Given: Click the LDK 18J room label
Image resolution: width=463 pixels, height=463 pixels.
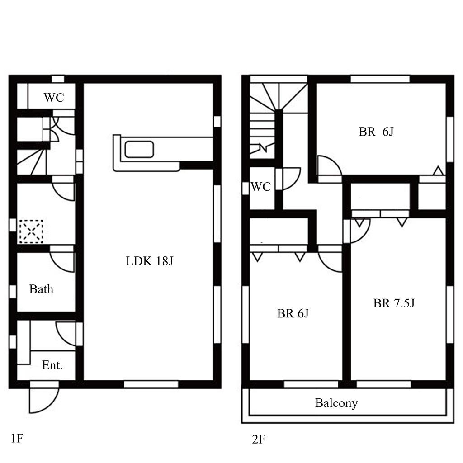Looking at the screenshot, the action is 149,261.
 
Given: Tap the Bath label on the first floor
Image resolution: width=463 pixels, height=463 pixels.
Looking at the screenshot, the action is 41,289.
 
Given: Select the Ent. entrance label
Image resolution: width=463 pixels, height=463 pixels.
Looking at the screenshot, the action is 52,365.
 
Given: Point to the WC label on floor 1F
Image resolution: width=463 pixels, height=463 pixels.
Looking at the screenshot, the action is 54,97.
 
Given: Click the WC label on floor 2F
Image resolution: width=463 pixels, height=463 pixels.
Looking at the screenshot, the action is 261,187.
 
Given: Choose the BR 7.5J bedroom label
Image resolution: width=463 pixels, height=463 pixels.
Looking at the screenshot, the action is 394,303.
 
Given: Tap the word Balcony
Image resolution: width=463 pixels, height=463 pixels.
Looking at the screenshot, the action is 336,403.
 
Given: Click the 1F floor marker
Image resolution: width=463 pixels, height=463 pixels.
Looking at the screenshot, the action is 17,438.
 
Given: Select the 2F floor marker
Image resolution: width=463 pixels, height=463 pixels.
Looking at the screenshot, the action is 259,439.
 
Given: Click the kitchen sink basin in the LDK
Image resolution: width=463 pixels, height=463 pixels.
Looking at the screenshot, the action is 139,149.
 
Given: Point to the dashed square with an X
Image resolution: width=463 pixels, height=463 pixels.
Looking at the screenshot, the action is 31,231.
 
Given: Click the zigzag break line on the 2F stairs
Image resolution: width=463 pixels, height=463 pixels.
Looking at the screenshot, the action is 263,148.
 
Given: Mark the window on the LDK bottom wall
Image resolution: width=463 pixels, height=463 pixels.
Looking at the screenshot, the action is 151,384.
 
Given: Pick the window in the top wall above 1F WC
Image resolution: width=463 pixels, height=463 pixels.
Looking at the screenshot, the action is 58,79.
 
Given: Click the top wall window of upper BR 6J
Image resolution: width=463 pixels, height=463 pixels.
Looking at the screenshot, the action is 380,79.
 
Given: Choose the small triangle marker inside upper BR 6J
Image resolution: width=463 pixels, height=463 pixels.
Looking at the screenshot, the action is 439,171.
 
